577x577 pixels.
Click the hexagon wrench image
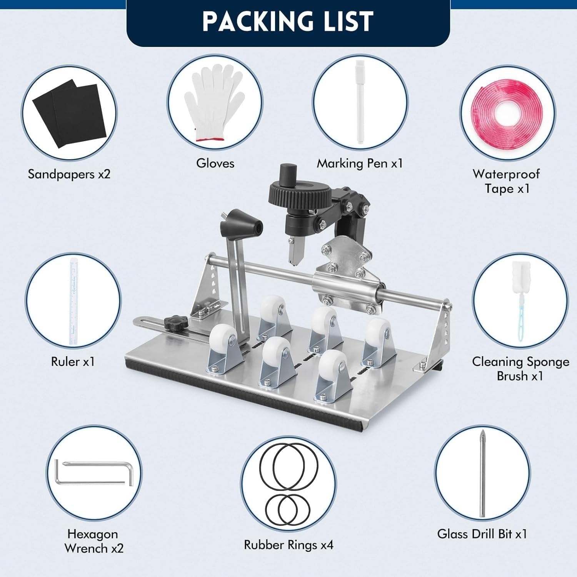94,472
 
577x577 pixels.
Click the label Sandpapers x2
69,174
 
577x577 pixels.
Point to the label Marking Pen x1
360,163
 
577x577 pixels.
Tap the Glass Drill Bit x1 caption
482,534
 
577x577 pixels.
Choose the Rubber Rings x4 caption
289,545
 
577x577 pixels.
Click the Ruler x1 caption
73,362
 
